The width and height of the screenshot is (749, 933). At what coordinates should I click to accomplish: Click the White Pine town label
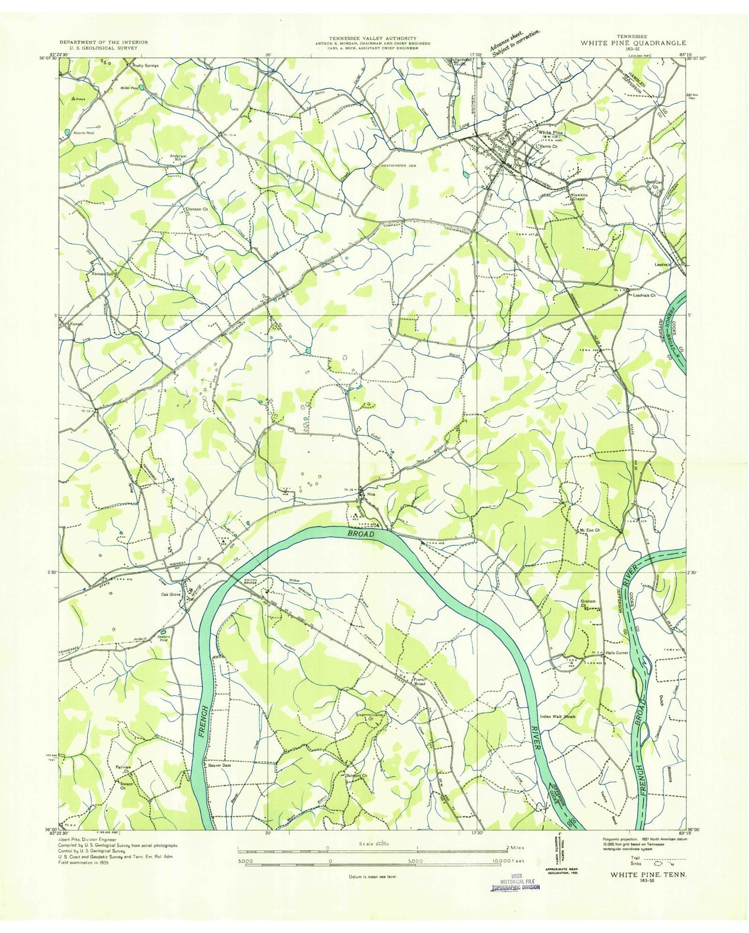[x=549, y=133]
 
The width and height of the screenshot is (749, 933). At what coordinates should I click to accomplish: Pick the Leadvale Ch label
[x=644, y=296]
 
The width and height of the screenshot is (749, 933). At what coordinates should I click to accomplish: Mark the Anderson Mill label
[x=178, y=158]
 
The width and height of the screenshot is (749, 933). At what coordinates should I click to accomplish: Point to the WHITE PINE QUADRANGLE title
[x=633, y=43]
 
